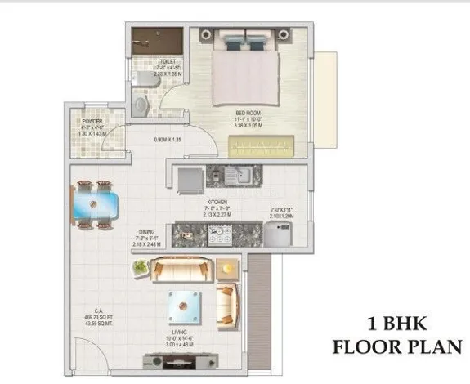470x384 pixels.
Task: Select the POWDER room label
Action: [x=92, y=122]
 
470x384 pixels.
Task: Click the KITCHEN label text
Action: [x=217, y=200]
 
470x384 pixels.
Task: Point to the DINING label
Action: [x=149, y=231]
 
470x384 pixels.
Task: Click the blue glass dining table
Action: [x=96, y=199]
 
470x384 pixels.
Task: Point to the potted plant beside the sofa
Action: [x=141, y=267]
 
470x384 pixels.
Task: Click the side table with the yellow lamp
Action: [x=227, y=267]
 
